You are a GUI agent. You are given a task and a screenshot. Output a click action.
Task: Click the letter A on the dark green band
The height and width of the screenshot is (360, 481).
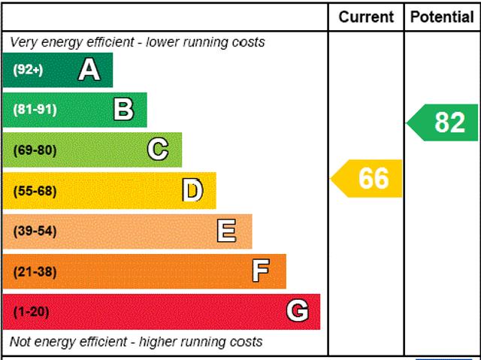tap(89, 70)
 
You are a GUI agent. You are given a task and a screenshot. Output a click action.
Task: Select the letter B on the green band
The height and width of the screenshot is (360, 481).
tap(123, 110)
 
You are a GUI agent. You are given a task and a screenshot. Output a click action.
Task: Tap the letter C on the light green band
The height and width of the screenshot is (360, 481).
tap(158, 150)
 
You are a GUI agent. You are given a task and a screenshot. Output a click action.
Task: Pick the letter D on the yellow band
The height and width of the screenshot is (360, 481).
tap(193, 191)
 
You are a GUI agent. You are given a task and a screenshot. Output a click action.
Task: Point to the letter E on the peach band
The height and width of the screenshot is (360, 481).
tap(226, 231)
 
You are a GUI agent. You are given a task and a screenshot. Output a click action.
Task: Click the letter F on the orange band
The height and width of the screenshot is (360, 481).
tap(261, 271)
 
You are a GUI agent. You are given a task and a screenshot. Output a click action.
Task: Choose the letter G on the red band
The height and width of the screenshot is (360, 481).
tap(298, 311)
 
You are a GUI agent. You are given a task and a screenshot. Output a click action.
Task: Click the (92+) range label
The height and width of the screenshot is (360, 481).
tap(29, 70)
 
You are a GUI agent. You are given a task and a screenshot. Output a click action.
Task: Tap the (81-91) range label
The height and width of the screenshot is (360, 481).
tap(35, 110)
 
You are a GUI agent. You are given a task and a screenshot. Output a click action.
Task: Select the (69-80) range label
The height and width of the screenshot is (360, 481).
tap(35, 150)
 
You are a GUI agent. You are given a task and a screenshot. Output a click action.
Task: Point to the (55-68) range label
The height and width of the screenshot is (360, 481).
tap(35, 191)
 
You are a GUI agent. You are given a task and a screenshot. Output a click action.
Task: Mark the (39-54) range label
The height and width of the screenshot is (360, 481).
tap(35, 231)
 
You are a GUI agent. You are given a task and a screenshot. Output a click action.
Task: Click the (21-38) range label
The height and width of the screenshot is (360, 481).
tap(35, 271)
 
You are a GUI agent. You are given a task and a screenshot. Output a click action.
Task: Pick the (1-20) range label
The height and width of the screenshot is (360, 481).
tap(31, 311)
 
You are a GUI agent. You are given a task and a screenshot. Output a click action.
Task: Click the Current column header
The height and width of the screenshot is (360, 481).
tap(366, 17)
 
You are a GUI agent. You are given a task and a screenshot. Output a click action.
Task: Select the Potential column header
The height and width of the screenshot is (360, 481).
tap(443, 17)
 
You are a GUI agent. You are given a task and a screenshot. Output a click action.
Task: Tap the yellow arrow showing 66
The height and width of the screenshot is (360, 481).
tap(368, 179)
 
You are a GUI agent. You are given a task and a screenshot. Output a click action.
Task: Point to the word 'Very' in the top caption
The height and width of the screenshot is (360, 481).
tap(24, 42)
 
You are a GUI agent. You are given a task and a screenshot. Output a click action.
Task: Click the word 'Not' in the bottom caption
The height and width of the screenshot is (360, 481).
tap(21, 342)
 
